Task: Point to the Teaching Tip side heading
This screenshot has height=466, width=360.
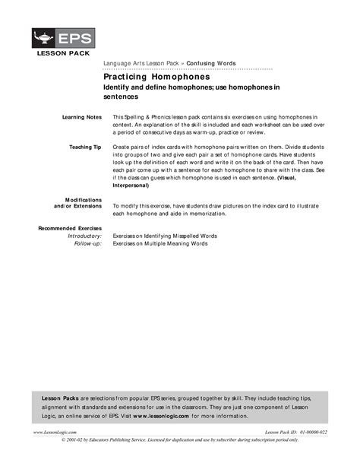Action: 84,144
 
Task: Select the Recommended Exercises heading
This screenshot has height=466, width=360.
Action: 69,228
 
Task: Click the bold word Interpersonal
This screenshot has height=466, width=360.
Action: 136,184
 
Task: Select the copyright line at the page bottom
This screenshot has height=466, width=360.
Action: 179,440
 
